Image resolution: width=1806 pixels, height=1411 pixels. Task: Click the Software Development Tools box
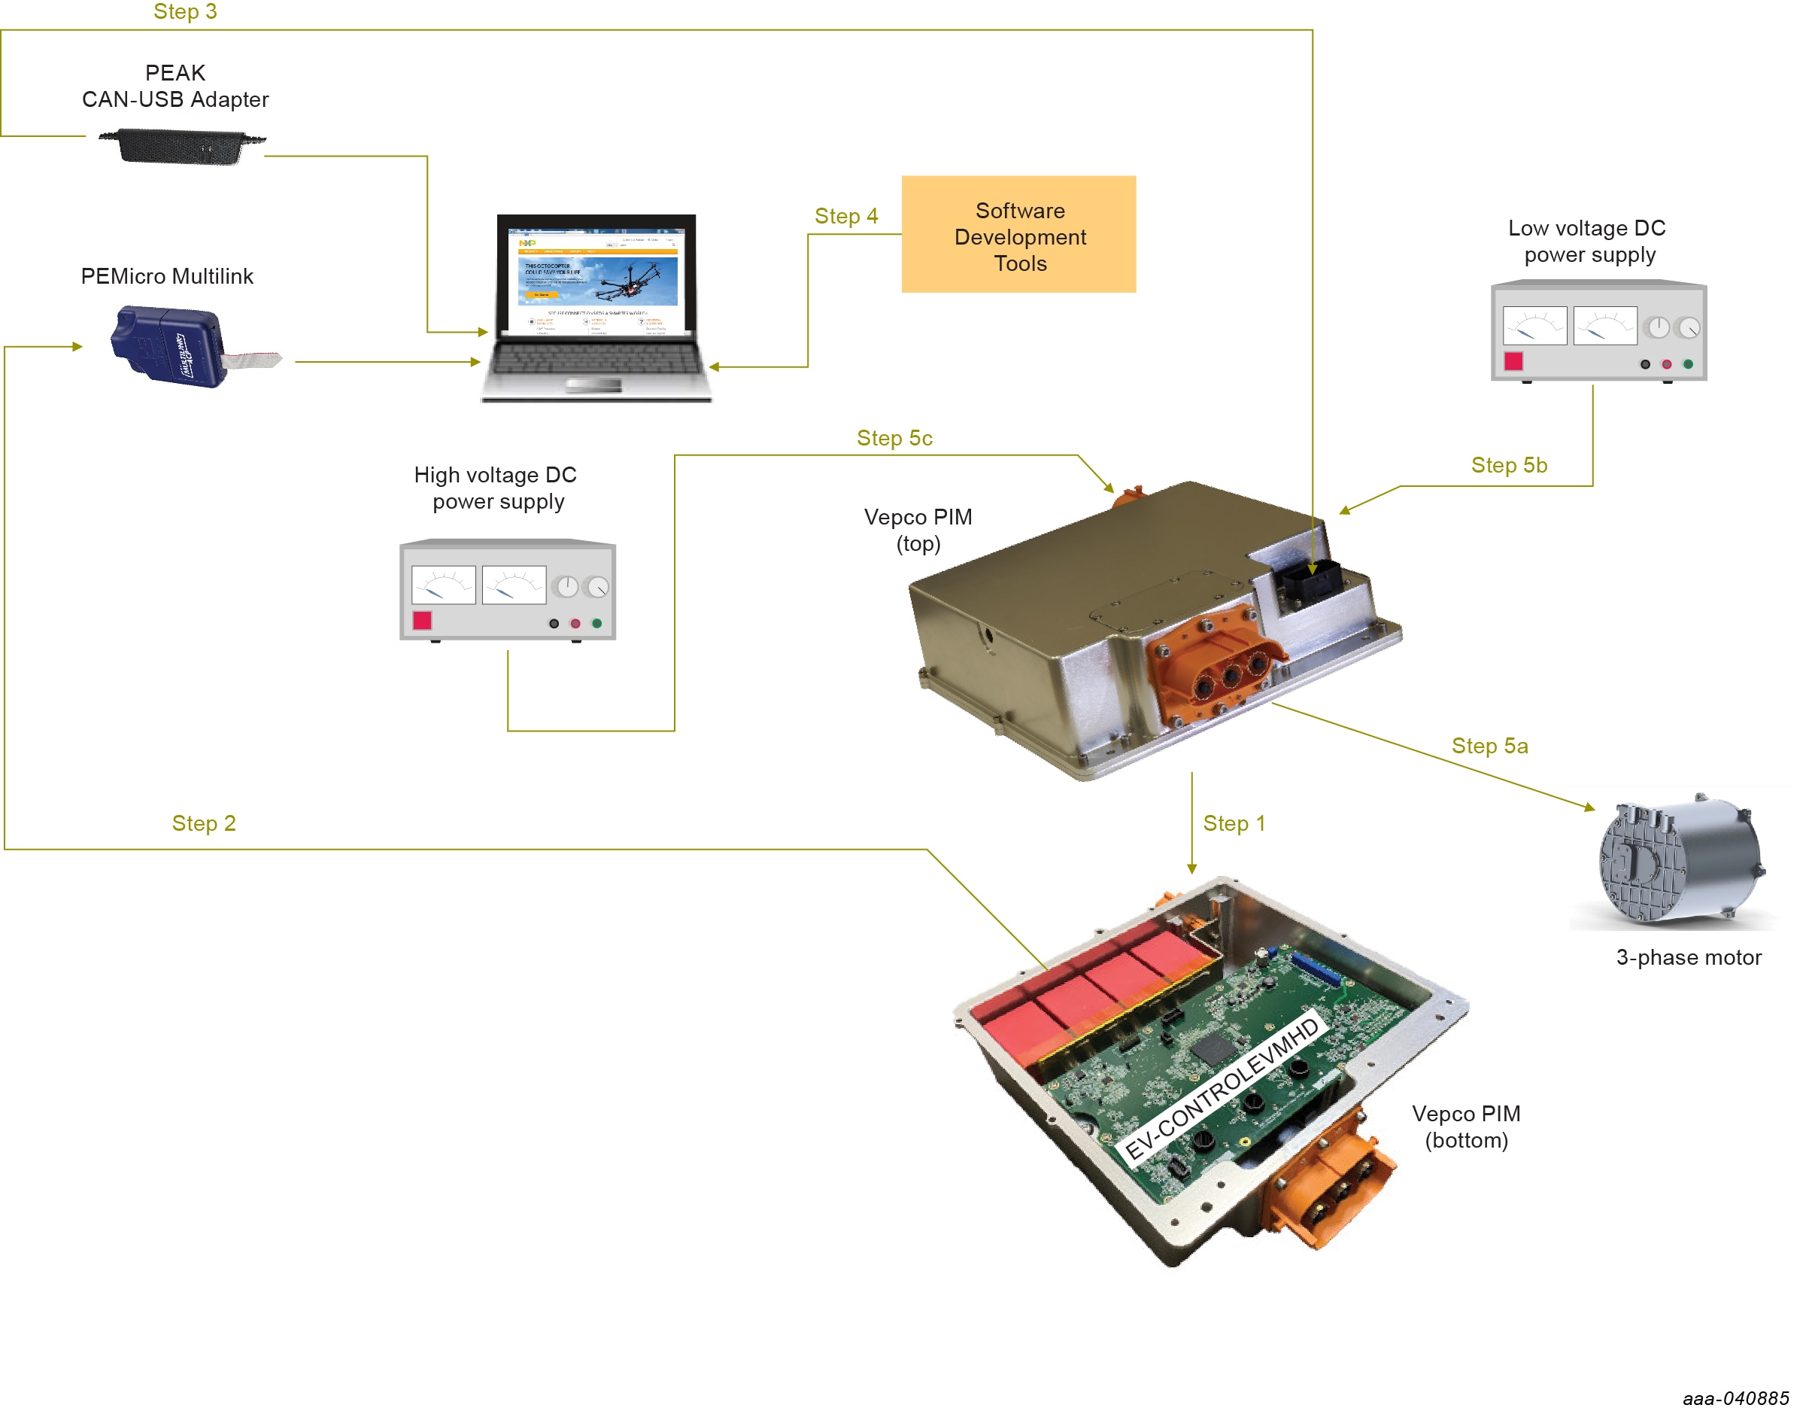pyautogui.click(x=1018, y=234)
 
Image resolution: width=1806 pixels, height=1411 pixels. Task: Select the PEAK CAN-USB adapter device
pyautogui.click(x=181, y=147)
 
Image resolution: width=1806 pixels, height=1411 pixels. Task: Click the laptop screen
pyautogui.click(x=596, y=281)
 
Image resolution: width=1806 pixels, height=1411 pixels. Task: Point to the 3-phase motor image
pyautogui.click(x=1680, y=860)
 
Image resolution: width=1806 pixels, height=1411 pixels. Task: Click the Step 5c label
pyautogui.click(x=895, y=439)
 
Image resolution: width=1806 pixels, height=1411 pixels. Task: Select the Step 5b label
pyautogui.click(x=1509, y=466)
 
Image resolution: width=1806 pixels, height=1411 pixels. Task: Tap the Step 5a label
pyautogui.click(x=1490, y=746)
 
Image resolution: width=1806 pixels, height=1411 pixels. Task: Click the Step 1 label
pyautogui.click(x=1234, y=824)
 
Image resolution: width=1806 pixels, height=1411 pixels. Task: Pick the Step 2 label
pyautogui.click(x=203, y=824)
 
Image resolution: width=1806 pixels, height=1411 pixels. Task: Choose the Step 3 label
pyautogui.click(x=185, y=11)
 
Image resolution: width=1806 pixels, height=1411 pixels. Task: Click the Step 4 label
pyautogui.click(x=846, y=217)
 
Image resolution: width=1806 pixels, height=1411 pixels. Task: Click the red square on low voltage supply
pyautogui.click(x=1513, y=361)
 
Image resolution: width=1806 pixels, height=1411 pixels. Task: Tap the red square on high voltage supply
pyautogui.click(x=422, y=620)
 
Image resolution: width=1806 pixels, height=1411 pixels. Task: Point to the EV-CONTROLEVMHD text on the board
pyautogui.click(x=1222, y=1088)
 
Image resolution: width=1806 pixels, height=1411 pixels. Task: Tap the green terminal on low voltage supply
pyautogui.click(x=1689, y=364)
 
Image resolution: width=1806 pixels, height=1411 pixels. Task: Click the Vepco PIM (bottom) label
pyautogui.click(x=1466, y=1127)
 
